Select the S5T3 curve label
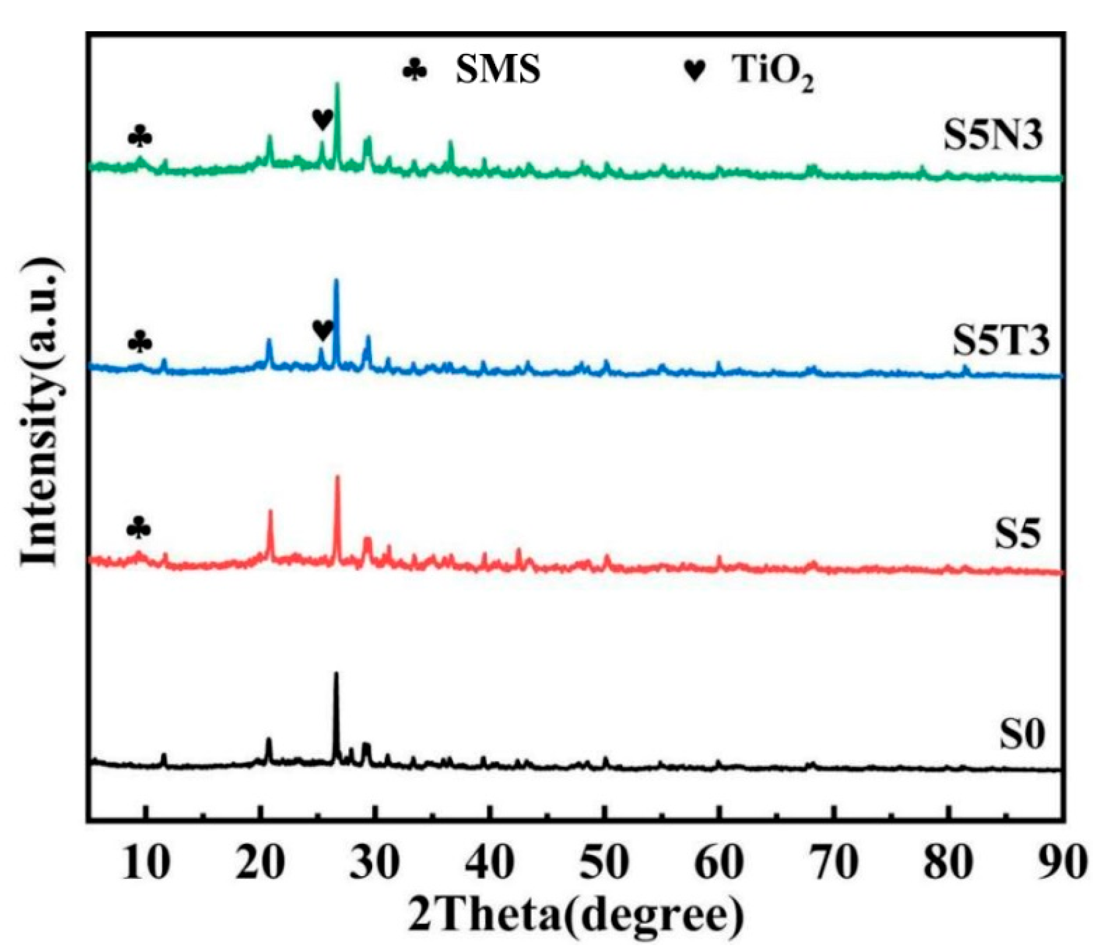pyautogui.click(x=1000, y=341)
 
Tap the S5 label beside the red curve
pyautogui.click(x=1016, y=533)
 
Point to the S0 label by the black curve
pyautogui.click(x=1021, y=734)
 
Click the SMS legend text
pyautogui.click(x=498, y=69)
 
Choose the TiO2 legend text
pyautogui.click(x=773, y=72)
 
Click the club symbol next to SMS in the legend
pyautogui.click(x=414, y=70)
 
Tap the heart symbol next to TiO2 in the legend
pyautogui.click(x=695, y=70)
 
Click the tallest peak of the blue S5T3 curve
pyautogui.click(x=335, y=282)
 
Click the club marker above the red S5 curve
pyautogui.click(x=138, y=527)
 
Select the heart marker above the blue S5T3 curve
pyautogui.click(x=323, y=331)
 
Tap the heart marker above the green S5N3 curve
pyautogui.click(x=323, y=119)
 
